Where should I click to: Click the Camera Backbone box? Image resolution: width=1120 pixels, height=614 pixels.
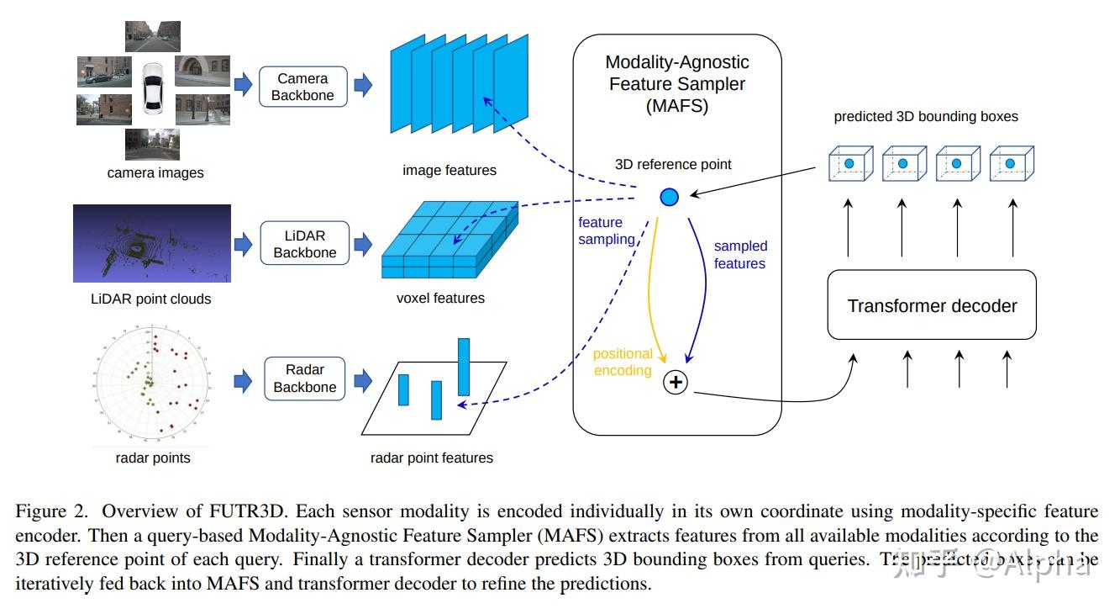(302, 87)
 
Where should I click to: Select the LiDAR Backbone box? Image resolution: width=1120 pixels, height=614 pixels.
(304, 243)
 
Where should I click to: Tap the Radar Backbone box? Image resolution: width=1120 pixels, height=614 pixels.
(304, 378)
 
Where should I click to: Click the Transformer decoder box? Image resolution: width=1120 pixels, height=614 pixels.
(932, 305)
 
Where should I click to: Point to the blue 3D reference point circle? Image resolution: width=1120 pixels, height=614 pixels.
(669, 197)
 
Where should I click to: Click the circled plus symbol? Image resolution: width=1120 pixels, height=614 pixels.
(676, 383)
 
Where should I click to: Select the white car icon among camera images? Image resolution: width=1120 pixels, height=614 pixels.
(152, 88)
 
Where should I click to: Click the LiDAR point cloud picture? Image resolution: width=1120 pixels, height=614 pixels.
(151, 244)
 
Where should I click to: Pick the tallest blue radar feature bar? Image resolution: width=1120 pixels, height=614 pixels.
(464, 367)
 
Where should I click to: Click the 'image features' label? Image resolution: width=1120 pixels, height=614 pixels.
(450, 171)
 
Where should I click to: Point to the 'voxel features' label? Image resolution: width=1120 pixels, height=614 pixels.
(440, 298)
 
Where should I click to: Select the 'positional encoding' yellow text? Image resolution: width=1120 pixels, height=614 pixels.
(623, 363)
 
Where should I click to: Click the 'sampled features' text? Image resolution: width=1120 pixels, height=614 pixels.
(740, 255)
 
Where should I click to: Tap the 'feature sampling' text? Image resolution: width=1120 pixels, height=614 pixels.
(605, 230)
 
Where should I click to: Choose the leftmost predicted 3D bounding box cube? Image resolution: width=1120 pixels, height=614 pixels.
(849, 163)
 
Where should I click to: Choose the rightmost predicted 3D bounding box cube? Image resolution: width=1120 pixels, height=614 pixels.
(1011, 163)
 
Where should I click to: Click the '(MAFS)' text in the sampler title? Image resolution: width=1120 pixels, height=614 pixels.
(677, 106)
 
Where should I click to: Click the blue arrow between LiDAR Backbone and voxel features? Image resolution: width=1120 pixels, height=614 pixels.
(363, 244)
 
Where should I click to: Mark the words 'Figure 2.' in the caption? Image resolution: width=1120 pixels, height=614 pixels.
(52, 512)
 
